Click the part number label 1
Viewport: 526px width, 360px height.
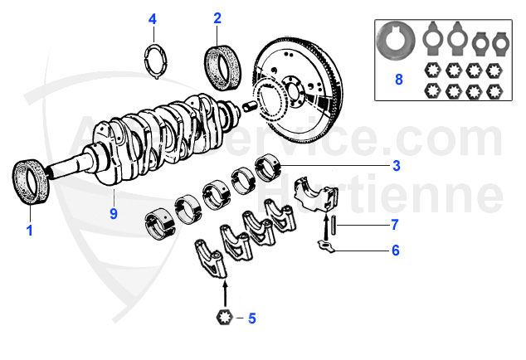30,231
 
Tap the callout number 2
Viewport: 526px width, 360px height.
217,17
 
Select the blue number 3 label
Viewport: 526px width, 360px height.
396,165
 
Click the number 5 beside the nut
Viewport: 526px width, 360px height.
252,317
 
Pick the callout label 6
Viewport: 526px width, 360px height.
396,250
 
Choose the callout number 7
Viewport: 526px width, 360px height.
396,225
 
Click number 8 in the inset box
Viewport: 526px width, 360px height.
398,80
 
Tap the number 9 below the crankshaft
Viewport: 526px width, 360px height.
113,213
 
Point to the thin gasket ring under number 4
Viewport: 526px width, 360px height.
153,61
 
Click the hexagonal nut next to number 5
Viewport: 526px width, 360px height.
223,317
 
